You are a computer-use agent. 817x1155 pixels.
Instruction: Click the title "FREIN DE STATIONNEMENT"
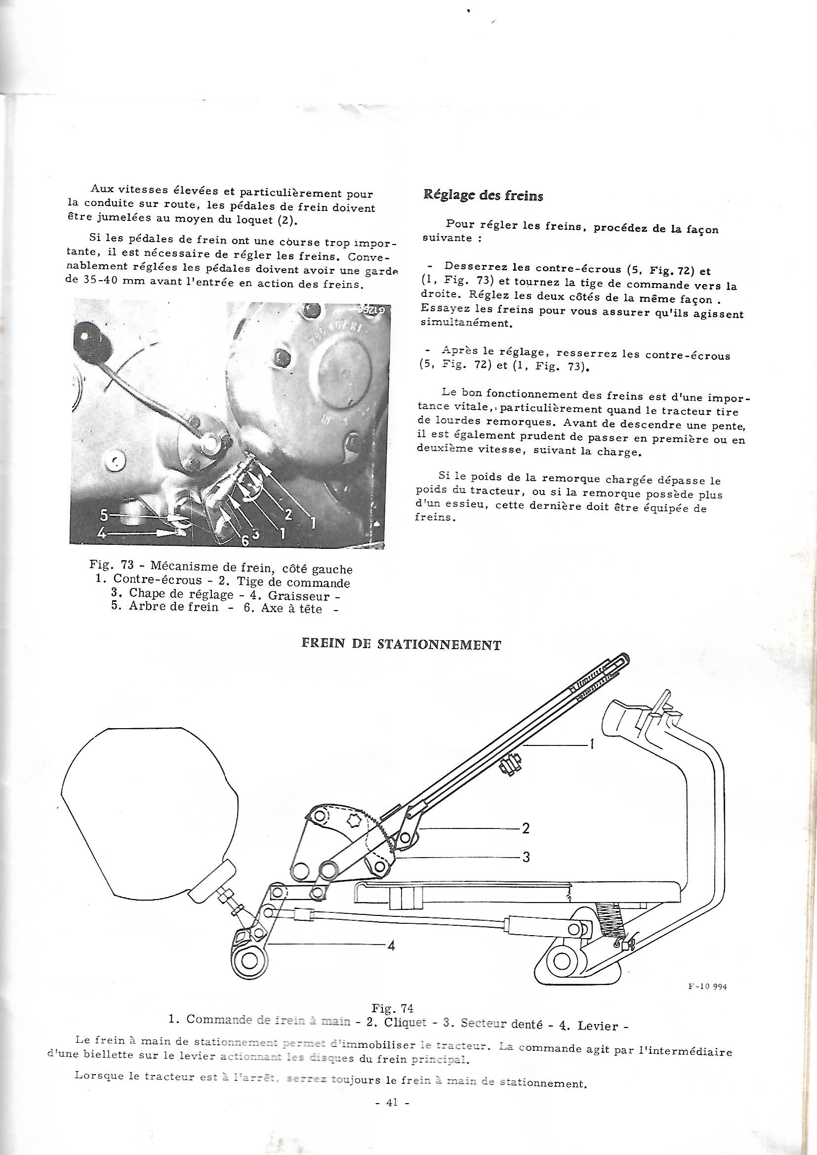401,645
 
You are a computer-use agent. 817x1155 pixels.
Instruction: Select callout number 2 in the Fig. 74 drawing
525,828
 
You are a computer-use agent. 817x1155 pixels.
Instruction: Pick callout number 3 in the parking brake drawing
525,857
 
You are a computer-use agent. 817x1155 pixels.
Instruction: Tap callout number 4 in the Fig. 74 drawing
390,946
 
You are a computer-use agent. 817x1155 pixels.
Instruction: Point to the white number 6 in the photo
245,539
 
